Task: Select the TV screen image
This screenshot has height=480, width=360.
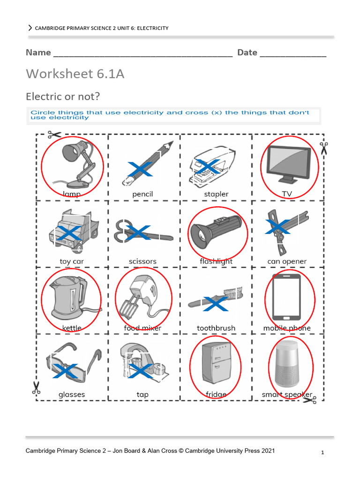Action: pos(288,164)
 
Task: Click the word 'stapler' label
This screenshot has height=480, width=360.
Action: pos(216,194)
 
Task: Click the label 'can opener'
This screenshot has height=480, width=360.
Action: pos(287,262)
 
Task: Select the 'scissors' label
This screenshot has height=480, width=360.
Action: pos(142,262)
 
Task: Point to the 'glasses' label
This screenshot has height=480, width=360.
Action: pos(72,395)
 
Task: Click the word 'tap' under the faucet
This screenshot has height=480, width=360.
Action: pos(142,395)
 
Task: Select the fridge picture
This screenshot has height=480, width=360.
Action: pos(215,363)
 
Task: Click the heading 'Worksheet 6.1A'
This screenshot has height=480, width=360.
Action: pos(75,74)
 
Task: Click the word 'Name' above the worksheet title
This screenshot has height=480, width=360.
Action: pos(38,52)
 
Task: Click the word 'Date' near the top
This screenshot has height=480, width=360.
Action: pos(247,52)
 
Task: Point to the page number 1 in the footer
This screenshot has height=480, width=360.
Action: pos(322,453)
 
